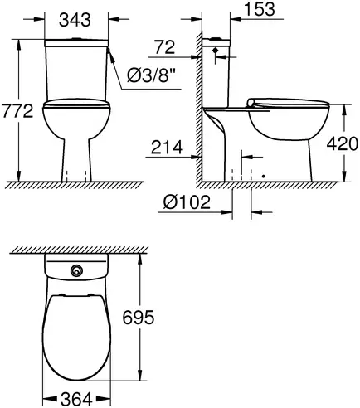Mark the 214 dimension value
pos(164,149)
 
